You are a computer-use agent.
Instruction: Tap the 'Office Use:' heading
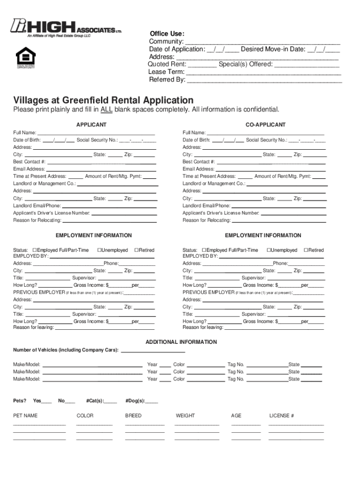167,34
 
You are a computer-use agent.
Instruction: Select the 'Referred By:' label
167,80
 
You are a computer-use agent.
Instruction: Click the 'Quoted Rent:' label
167,64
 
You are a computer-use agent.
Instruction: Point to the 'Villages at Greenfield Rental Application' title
103,100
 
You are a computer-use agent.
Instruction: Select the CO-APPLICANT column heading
266,125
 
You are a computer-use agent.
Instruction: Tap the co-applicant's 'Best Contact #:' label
199,162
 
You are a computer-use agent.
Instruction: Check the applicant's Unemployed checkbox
100,250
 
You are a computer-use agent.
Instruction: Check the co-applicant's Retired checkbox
306,250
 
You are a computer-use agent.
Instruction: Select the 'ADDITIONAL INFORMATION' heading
181,342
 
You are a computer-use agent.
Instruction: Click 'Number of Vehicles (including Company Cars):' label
66,350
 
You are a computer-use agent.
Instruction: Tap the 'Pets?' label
20,401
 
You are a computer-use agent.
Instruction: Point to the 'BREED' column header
133,415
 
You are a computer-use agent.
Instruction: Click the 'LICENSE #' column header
281,415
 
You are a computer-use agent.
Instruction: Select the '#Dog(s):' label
135,401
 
